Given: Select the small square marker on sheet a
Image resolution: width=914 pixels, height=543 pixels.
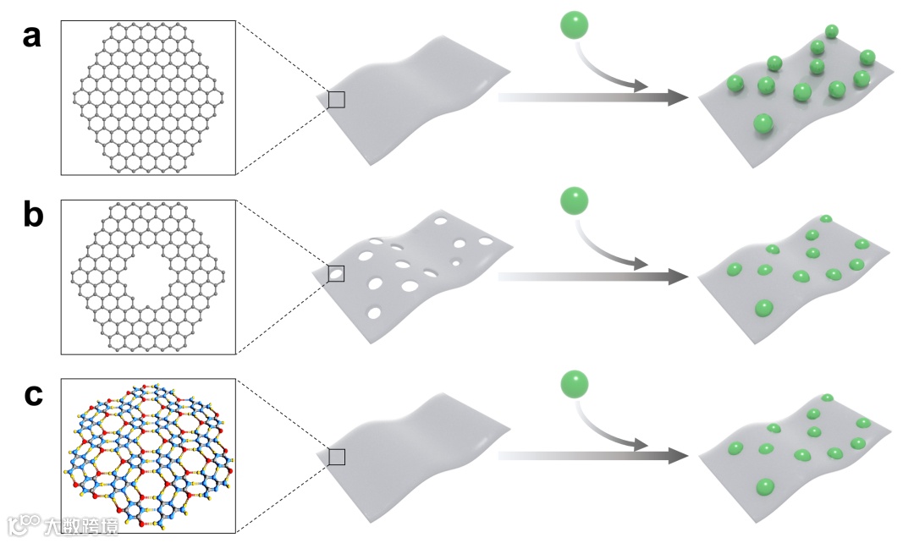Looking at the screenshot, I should (x=336, y=100).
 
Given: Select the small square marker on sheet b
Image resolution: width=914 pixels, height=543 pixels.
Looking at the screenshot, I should (x=336, y=273).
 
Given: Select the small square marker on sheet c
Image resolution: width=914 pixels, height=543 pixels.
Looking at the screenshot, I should (x=336, y=457).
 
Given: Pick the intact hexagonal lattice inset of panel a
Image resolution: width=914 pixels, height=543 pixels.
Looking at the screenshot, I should (x=148, y=97).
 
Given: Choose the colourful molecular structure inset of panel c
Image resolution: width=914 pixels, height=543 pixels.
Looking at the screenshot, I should (x=148, y=456).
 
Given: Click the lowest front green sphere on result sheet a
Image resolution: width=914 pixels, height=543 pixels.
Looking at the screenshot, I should (x=764, y=124).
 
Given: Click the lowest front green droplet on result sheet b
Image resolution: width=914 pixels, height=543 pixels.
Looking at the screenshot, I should (x=764, y=308).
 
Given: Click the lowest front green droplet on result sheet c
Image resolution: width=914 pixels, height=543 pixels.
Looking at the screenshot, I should (x=766, y=486).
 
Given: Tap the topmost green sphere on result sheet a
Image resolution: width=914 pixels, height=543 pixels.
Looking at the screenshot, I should (x=832, y=32).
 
